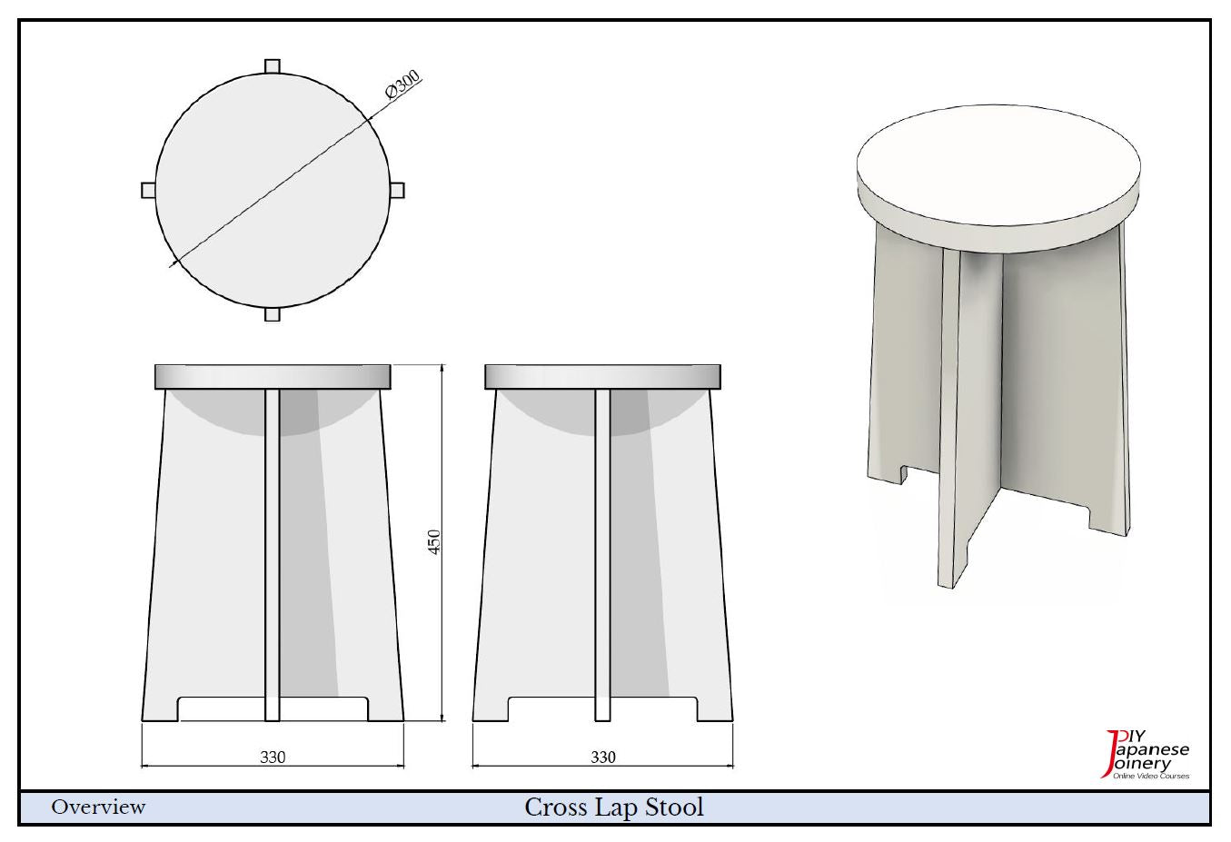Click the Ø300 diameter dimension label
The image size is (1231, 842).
[x=403, y=84]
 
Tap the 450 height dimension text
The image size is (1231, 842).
[x=434, y=542]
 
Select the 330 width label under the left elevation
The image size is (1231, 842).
[x=273, y=758]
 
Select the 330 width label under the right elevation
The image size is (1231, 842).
[x=603, y=758]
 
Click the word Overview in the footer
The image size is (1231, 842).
[x=98, y=807]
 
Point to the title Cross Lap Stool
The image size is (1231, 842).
[x=614, y=807]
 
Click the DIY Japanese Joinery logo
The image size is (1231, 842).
[x=1147, y=755]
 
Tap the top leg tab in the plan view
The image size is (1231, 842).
[x=273, y=66]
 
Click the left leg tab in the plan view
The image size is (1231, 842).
[x=148, y=190]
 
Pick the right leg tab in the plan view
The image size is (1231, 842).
[x=397, y=190]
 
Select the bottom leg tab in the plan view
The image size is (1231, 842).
[x=273, y=314]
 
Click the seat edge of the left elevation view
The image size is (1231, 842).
[x=273, y=376]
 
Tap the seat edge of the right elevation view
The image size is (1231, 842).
[x=603, y=376]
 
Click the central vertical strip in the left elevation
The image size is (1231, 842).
[x=273, y=555]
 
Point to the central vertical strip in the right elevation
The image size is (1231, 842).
[x=603, y=555]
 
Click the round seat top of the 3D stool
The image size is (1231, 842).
[x=998, y=164]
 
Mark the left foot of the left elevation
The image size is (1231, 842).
[x=160, y=709]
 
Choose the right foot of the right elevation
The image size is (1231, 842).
[x=715, y=709]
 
